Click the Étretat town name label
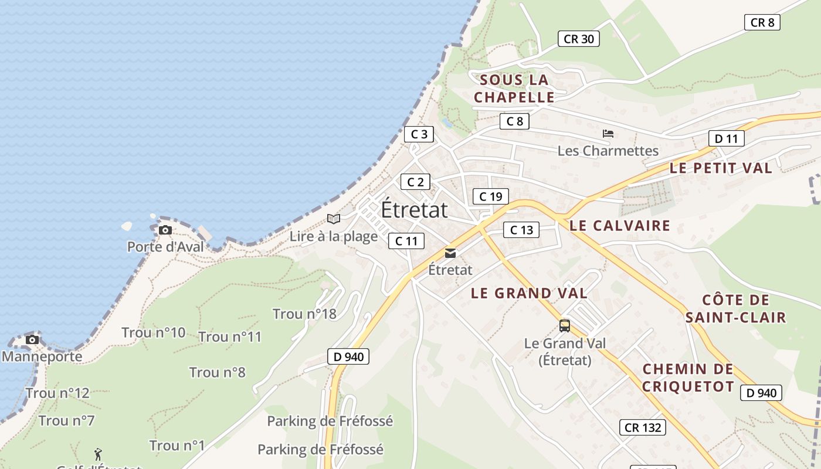(x=415, y=210)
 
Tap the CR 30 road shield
(x=578, y=39)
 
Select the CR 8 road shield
(x=762, y=22)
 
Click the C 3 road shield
(x=419, y=134)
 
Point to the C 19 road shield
(x=490, y=196)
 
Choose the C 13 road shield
(x=521, y=230)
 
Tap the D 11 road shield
(x=726, y=139)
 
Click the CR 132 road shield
(x=643, y=427)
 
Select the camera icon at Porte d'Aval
(x=165, y=230)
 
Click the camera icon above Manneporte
(x=32, y=339)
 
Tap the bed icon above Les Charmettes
(x=608, y=134)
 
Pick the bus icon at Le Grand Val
(x=565, y=326)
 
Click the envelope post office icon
(x=450, y=253)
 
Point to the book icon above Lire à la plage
(x=334, y=219)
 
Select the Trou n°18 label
(x=304, y=314)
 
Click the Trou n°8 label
(x=217, y=372)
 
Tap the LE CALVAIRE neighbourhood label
(x=620, y=225)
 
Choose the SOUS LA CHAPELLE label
(x=514, y=89)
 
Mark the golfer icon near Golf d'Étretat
(x=98, y=454)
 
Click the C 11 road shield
(x=406, y=240)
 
